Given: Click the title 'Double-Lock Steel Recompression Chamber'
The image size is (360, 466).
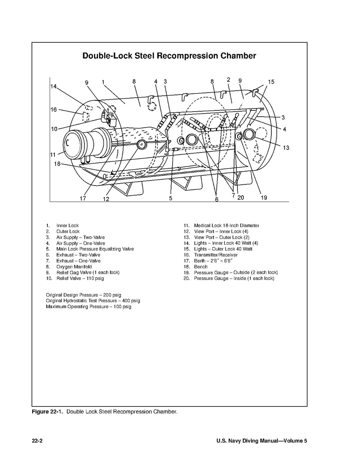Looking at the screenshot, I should click(169, 56).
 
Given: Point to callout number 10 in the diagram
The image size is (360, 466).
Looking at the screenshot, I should click(54, 129).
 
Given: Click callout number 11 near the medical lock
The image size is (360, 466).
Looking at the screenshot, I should click(53, 154).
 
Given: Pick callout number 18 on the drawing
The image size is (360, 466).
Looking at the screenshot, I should click(57, 164).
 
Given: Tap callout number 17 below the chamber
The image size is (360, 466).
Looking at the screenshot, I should click(83, 198).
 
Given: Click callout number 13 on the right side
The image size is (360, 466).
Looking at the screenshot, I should click(286, 148).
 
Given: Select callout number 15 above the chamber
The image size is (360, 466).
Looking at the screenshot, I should click(271, 82).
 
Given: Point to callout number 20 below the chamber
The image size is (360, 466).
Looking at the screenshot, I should click(241, 198).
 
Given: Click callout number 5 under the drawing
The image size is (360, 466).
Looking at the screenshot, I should click(171, 198).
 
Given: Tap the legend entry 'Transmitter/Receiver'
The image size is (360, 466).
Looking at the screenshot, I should click(216, 255).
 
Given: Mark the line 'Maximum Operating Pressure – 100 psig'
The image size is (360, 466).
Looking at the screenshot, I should click(89, 307).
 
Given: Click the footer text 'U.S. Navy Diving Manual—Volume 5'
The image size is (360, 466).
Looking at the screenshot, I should click(262, 441).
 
